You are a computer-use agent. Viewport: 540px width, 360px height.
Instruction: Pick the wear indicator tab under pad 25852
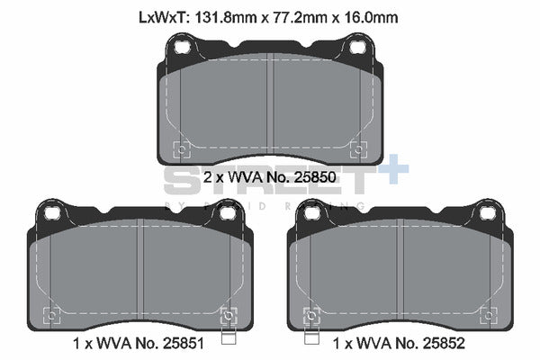pyautogui.click(x=311, y=337)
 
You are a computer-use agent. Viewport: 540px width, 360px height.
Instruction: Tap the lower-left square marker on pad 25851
pyautogui.click(x=52, y=314)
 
